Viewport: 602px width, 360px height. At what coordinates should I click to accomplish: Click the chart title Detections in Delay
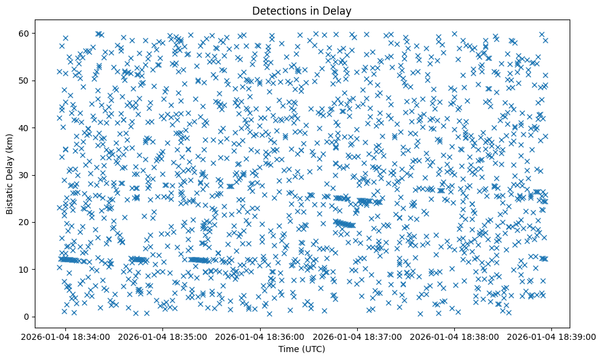(302, 10)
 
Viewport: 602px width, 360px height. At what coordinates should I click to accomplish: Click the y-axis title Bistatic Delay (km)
(10, 174)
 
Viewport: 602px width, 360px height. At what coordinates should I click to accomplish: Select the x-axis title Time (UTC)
(302, 349)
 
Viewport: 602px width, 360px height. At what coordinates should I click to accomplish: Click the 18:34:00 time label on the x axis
(66, 336)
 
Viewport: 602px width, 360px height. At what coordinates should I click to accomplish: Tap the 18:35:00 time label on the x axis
(163, 336)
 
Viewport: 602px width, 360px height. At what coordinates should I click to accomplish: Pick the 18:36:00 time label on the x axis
(261, 336)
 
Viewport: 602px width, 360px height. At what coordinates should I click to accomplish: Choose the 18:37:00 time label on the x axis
(358, 336)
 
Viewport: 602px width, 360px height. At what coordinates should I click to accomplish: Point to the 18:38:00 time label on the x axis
(455, 336)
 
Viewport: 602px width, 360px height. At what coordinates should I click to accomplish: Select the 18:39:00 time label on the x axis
(552, 336)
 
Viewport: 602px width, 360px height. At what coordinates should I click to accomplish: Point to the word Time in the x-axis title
(288, 349)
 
